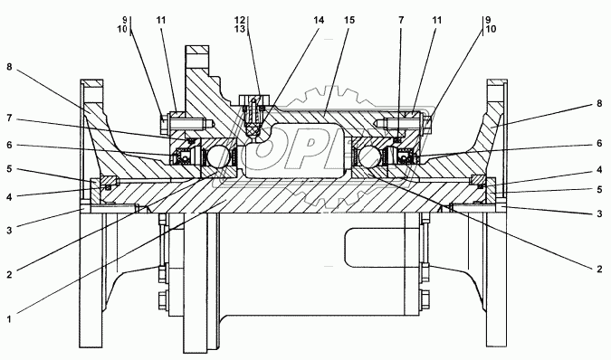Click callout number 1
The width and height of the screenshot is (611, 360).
point(9,319)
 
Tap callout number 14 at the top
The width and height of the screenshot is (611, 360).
point(319,20)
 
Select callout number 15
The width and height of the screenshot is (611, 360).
point(349,20)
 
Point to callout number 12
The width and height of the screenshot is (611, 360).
point(240,20)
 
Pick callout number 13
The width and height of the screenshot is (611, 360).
point(240,29)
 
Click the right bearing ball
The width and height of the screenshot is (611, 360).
point(369,156)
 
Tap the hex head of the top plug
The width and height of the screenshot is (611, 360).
point(253,99)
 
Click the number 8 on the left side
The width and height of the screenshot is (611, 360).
point(9,67)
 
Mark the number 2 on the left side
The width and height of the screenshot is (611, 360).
point(9,275)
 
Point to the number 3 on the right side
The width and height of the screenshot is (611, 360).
point(599,213)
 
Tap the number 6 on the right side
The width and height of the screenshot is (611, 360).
point(599,144)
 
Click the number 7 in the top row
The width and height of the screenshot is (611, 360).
point(401,20)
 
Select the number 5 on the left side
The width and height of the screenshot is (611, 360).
point(9,169)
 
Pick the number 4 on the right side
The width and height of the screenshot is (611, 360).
point(599,170)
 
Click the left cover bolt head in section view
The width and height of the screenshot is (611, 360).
point(164,122)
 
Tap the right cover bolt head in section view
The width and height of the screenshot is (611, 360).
point(427,123)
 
